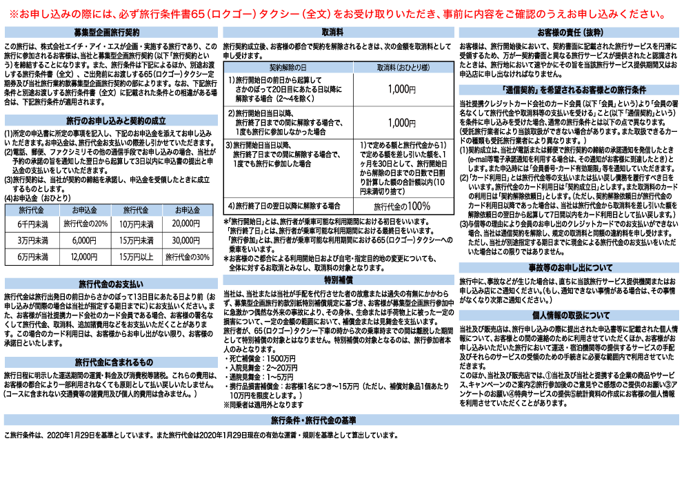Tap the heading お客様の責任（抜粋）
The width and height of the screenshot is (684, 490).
coord(570,32)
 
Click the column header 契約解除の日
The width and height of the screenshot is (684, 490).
coord(288,68)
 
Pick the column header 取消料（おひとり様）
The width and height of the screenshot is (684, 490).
coord(403,68)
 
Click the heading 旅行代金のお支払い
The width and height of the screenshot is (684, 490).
coord(111,284)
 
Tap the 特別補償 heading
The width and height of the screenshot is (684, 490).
coord(339,280)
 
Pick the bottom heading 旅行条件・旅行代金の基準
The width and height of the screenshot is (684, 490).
coord(313,420)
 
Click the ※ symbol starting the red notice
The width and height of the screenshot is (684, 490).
coord(14,14)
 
